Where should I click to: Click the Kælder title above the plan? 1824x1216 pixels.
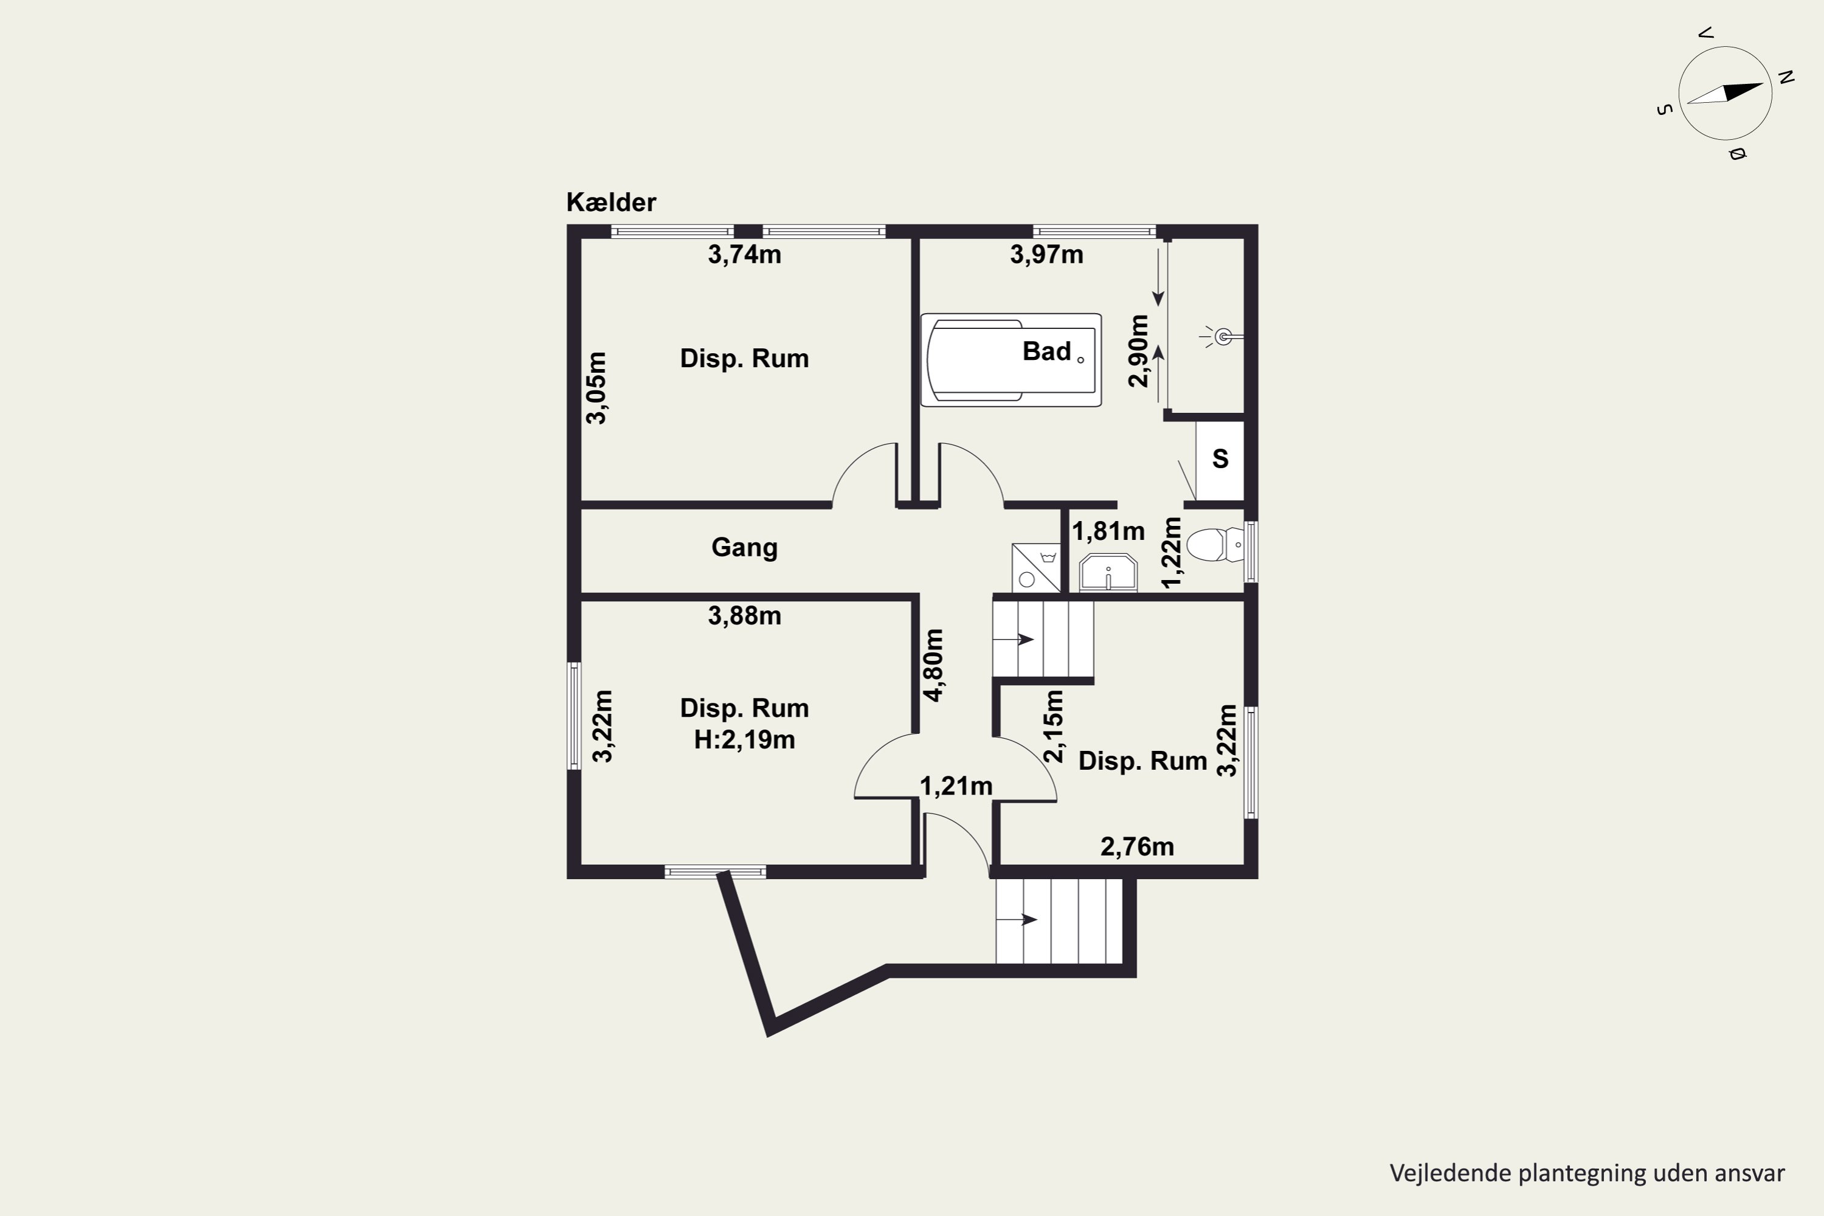tap(611, 202)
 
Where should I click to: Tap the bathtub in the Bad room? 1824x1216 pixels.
tap(1010, 360)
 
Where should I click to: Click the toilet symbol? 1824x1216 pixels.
tap(1214, 544)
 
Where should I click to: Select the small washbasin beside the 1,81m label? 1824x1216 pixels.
tap(1108, 572)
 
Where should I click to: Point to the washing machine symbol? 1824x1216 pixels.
tap(1035, 568)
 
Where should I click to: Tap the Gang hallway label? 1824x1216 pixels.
tap(744, 548)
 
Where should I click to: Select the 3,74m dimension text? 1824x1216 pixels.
tap(744, 254)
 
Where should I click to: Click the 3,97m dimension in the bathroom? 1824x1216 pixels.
tap(1046, 254)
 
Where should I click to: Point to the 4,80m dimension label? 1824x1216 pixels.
tap(934, 665)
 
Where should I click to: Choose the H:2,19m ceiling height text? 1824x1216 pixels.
tap(744, 740)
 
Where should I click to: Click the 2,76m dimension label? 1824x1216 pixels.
tap(1137, 847)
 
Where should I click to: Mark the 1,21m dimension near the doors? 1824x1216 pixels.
tap(956, 786)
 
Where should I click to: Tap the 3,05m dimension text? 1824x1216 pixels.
tap(596, 388)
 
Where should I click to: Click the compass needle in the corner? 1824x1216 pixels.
tap(1725, 93)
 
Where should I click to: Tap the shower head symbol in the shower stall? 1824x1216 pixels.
tap(1222, 337)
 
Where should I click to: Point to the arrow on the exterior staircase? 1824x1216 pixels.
tap(1017, 920)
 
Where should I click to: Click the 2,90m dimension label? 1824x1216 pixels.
tap(1138, 351)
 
